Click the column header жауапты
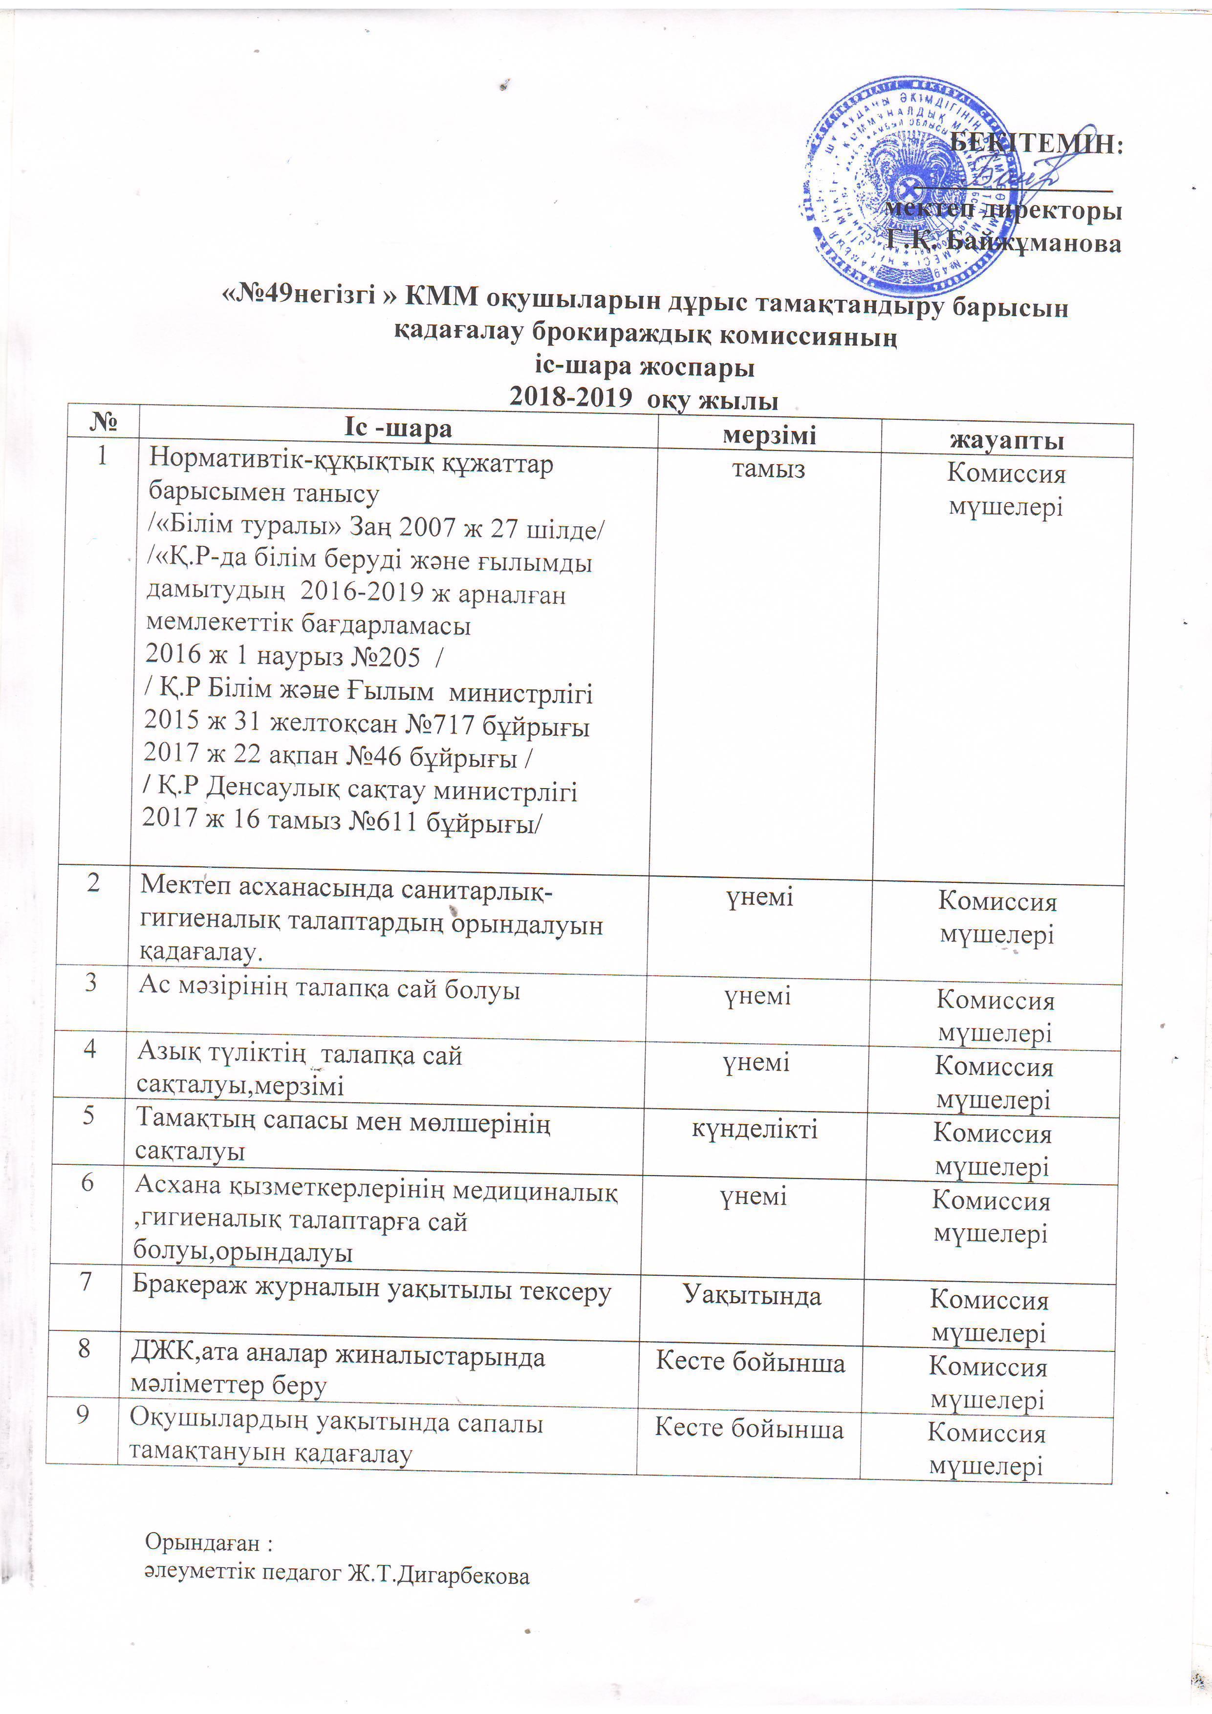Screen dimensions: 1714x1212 [1007, 440]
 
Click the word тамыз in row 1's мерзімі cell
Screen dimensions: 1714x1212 [768, 469]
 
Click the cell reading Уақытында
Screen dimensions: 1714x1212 [752, 1296]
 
